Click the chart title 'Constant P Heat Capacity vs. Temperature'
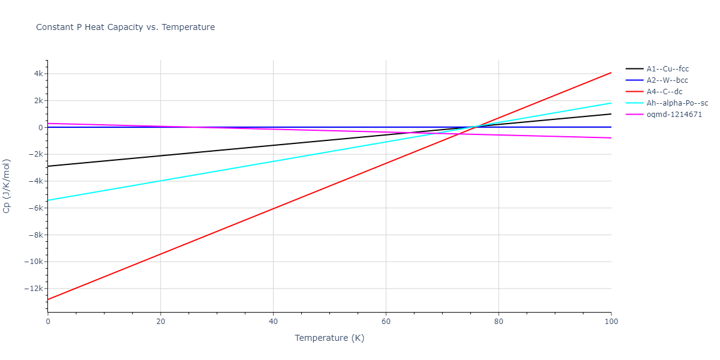pyautogui.click(x=125, y=27)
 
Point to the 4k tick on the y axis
pyautogui.click(x=37, y=74)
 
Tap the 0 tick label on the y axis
pyautogui.click(x=40, y=128)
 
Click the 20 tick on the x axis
pyautogui.click(x=160, y=322)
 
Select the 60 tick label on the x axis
pyautogui.click(x=386, y=322)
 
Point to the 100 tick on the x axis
pyautogui.click(x=611, y=322)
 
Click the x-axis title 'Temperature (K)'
pyautogui.click(x=329, y=338)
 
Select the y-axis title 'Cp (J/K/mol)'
pyautogui.click(x=7, y=186)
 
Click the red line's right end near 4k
pyautogui.click(x=611, y=73)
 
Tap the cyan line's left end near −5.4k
pyautogui.click(x=48, y=200)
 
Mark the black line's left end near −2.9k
pyautogui.click(x=48, y=166)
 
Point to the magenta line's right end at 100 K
pyautogui.click(x=611, y=138)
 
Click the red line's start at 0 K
pyautogui.click(x=48, y=299)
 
